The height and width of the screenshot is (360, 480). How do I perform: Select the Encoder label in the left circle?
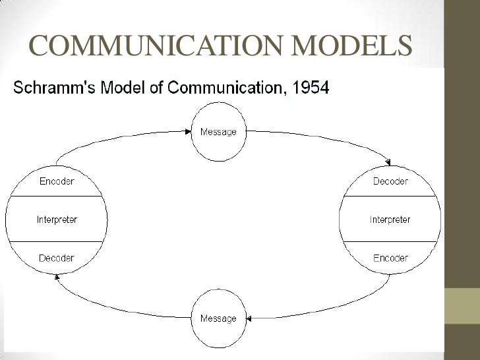coord(57,181)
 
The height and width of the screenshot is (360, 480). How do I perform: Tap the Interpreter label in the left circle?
coord(57,220)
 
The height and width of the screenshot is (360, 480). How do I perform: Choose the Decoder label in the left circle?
coord(57,258)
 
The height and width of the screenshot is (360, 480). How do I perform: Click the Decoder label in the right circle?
coord(390,181)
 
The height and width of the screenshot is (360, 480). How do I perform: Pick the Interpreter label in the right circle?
coord(390,220)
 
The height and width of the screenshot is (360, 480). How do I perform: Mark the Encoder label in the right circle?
coord(390,258)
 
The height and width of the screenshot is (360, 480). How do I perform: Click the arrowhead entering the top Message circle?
coord(188,131)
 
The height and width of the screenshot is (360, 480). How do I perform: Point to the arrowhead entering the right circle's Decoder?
coord(388,163)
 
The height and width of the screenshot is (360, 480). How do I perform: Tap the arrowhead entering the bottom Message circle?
coord(250,318)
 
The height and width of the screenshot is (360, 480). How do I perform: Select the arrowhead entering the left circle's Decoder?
coord(57,276)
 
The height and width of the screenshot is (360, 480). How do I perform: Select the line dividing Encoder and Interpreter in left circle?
coord(57,196)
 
